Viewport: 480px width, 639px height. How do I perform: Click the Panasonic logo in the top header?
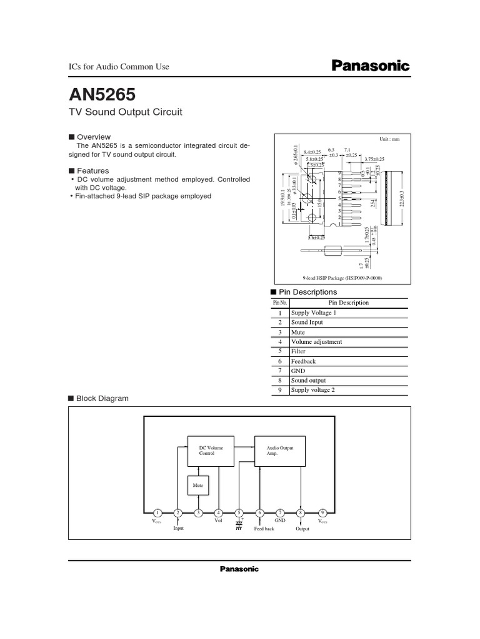369,66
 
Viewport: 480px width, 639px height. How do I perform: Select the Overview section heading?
93,137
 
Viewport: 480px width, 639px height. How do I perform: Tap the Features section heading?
92,170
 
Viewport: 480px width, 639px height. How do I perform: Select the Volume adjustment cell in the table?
316,341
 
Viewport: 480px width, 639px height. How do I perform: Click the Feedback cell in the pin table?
304,361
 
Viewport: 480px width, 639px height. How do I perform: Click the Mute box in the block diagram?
198,485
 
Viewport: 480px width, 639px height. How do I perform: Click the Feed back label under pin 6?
264,529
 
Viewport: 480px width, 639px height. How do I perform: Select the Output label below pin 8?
302,529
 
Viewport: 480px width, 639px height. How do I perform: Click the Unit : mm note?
389,139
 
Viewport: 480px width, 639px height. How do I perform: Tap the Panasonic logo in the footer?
239,568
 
